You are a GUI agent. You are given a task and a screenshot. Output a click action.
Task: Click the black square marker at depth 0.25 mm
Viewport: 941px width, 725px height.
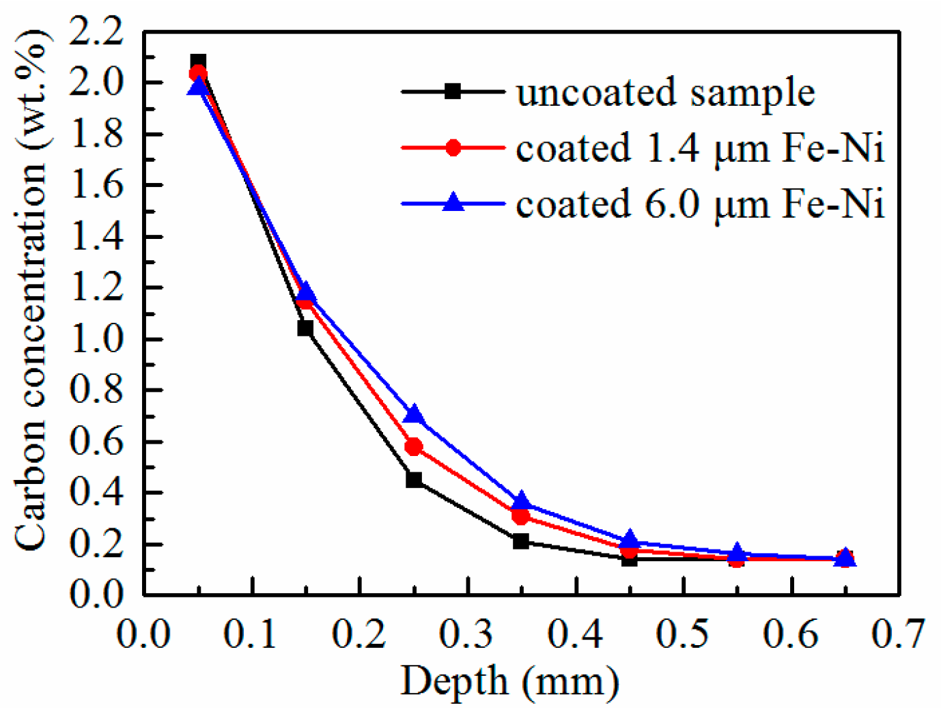[413, 479]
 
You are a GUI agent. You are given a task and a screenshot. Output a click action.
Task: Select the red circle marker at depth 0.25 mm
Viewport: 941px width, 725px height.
[413, 447]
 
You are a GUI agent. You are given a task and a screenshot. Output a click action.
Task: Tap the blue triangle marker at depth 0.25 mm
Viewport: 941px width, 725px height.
[413, 415]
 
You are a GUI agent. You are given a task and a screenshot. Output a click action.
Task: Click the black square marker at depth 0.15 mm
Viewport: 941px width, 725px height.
[305, 328]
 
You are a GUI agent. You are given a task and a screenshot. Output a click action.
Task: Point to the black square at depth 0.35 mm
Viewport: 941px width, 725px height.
[521, 541]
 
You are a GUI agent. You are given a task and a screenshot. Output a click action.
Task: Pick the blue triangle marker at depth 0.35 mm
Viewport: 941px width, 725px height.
[521, 501]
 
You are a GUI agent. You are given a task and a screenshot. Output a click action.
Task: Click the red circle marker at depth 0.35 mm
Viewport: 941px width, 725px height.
[521, 517]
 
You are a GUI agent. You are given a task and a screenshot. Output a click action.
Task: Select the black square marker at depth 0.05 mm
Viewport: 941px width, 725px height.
[198, 61]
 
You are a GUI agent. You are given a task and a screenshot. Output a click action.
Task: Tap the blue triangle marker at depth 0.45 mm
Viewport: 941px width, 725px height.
[630, 539]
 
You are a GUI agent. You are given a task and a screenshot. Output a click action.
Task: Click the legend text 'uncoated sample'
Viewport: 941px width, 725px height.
[665, 92]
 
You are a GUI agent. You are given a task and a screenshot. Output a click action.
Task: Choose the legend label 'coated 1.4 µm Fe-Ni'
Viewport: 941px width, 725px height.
[699, 148]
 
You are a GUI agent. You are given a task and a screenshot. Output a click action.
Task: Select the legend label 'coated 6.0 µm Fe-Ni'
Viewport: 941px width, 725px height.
[699, 204]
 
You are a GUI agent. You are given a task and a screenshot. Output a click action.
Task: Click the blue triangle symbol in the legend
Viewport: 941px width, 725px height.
[453, 203]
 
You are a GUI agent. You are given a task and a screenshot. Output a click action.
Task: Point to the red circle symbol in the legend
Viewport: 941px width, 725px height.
[453, 147]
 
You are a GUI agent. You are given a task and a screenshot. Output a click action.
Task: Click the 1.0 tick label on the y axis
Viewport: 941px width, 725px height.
[96, 339]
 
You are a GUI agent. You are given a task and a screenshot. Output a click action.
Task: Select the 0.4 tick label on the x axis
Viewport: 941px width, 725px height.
[575, 634]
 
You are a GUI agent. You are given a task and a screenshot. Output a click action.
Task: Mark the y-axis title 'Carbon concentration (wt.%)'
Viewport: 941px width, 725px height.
[31, 290]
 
